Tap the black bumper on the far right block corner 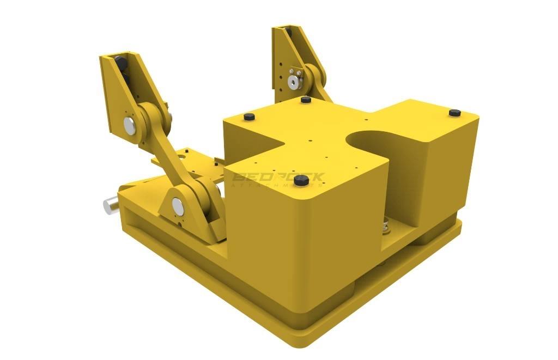454,113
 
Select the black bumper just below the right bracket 306,100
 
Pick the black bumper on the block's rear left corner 249,117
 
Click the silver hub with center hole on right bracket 294,82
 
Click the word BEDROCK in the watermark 278,176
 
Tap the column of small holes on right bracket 280,76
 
